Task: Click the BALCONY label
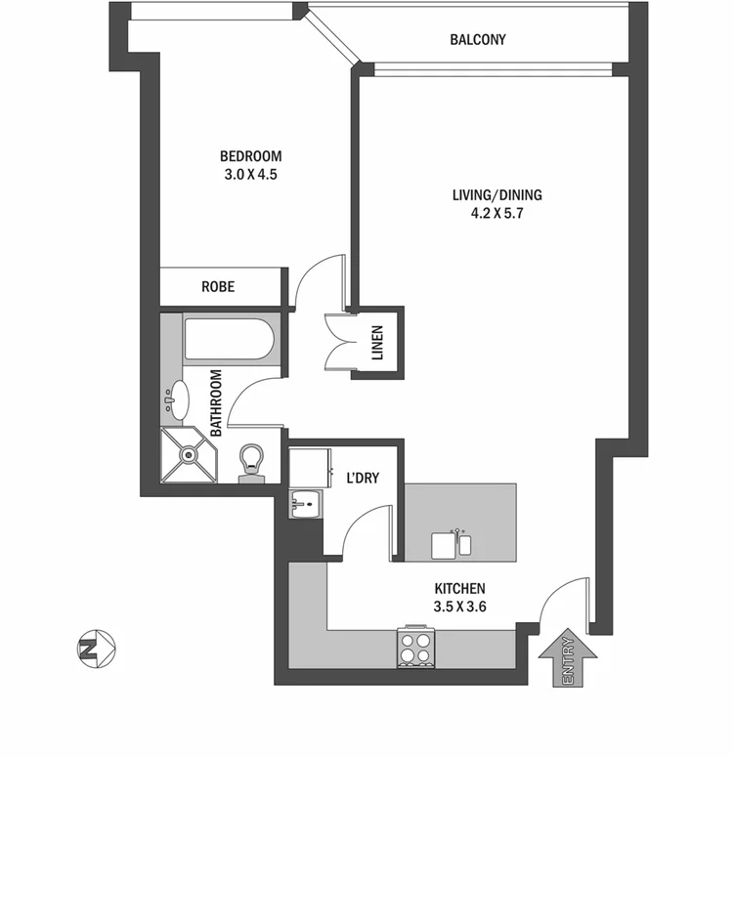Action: [477, 40]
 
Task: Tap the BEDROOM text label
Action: [250, 156]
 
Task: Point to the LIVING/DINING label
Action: [497, 195]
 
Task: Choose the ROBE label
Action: [218, 287]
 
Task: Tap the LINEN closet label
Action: [378, 343]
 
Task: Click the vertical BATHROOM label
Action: [216, 402]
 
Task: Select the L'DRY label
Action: [363, 479]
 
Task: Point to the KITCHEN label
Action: [459, 589]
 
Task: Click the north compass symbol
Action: [97, 647]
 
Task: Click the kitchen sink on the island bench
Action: [455, 544]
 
